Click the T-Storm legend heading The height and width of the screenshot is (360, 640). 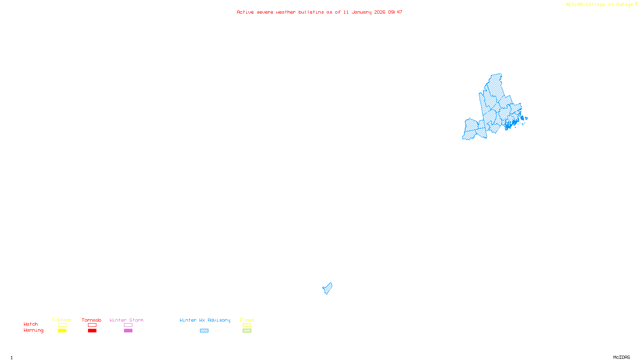62,320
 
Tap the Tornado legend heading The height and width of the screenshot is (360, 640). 92,320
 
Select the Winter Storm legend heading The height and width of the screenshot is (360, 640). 126,320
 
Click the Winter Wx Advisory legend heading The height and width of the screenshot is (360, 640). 205,320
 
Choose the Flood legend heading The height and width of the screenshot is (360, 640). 247,320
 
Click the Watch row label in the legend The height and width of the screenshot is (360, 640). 31,324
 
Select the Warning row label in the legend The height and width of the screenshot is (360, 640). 33,330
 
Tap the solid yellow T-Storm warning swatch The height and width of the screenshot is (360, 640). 62,331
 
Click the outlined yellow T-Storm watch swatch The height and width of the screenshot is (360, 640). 62,325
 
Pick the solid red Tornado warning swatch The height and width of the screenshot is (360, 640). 92,331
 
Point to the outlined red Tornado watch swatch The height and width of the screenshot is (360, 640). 92,325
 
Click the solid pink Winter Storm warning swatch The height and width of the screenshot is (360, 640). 128,331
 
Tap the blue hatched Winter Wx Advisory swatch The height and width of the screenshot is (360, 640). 204,331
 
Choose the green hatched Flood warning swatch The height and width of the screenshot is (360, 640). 247,331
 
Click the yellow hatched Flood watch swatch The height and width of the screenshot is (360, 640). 247,325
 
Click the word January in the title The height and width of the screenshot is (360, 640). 361,12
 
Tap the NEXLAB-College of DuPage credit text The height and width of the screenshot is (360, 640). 600,5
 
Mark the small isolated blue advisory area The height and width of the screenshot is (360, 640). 328,288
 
